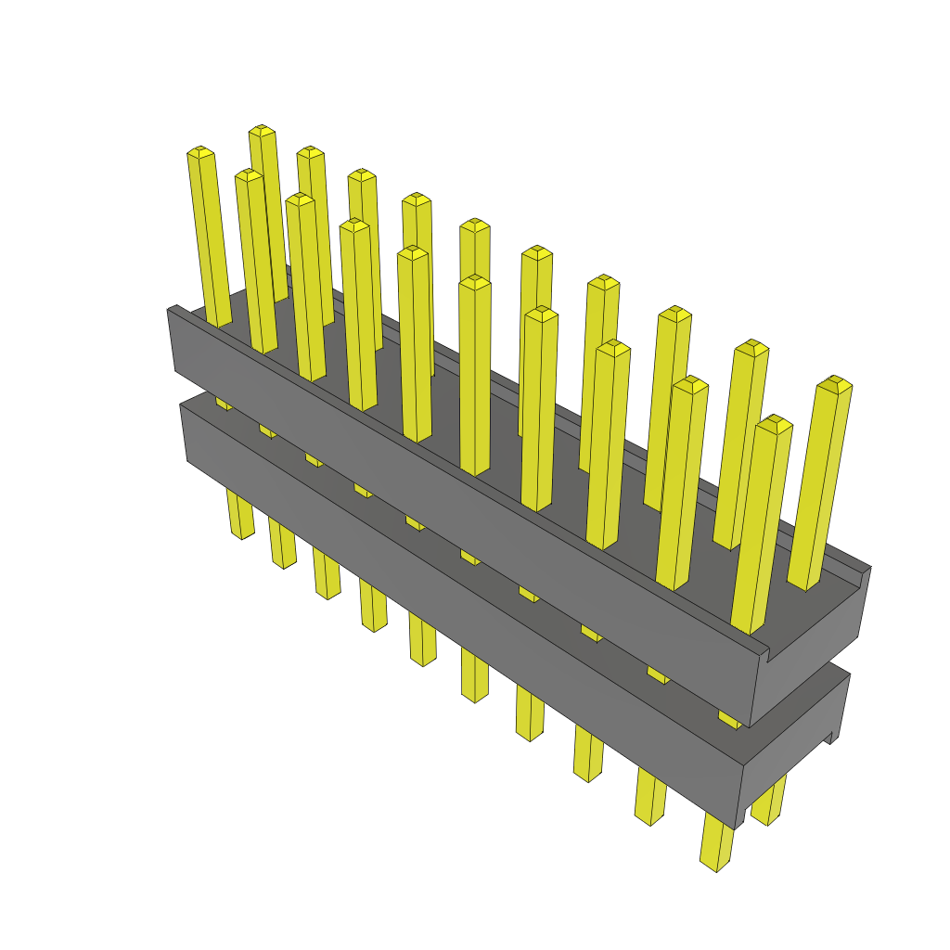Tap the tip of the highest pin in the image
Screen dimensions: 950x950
262,130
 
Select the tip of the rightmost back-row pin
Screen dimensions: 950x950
834,383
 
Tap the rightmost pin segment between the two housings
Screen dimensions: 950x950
729,719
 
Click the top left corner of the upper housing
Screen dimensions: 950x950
170,310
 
